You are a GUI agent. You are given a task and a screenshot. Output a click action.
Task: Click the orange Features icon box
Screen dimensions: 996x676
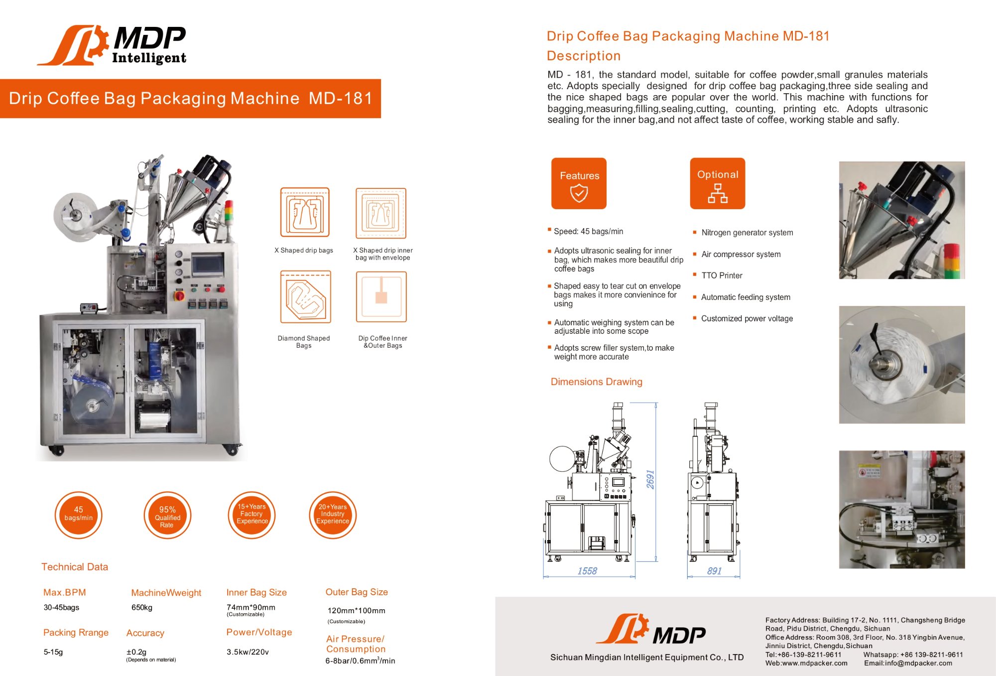579,183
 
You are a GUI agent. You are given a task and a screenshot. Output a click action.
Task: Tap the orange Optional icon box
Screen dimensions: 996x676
718,183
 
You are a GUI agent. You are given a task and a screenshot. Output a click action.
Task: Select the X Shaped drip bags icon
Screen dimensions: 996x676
305,212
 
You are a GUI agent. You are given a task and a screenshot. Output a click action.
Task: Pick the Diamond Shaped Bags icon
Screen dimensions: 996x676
305,297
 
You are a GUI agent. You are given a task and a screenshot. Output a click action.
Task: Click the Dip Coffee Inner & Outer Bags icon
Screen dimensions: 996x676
381,297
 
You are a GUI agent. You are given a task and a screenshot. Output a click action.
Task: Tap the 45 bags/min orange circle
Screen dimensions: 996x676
79,515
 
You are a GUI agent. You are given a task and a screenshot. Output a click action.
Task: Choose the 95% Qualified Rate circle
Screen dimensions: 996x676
167,515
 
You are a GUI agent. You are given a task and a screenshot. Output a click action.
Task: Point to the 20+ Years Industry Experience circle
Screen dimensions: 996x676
333,515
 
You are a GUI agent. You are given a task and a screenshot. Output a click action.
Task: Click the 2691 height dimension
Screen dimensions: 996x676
650,480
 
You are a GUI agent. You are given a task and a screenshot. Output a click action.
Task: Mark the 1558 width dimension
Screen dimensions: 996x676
587,571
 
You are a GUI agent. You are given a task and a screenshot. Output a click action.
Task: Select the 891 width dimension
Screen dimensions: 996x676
714,571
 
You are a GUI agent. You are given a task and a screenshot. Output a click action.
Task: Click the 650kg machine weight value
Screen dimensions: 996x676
142,608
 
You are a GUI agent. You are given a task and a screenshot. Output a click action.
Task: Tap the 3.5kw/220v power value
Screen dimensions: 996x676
248,652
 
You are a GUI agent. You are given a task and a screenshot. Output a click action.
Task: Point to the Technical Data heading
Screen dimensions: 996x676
75,567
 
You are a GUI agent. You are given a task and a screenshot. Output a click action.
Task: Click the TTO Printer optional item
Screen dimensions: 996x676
722,275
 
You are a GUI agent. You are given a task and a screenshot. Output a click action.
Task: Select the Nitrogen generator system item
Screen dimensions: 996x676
747,233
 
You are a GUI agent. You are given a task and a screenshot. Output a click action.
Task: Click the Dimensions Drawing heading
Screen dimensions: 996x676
597,382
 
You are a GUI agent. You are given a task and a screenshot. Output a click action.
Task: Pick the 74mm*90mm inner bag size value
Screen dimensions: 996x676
251,607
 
